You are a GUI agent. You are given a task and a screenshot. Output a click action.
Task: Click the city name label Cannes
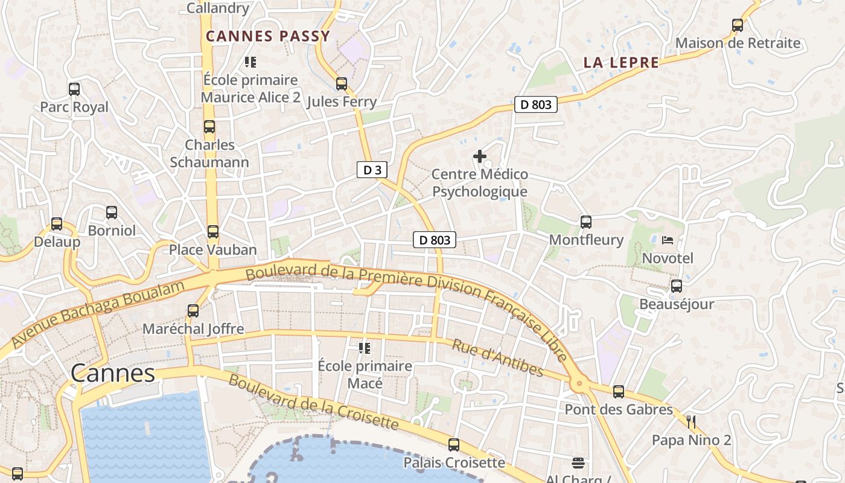pyautogui.click(x=113, y=373)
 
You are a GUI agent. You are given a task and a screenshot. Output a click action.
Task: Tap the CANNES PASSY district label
pyautogui.click(x=268, y=36)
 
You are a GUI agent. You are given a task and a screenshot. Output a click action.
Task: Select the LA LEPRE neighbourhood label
pyautogui.click(x=621, y=62)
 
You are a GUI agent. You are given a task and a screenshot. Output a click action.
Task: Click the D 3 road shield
pyautogui.click(x=372, y=170)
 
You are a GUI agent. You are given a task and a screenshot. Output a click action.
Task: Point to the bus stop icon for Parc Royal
pyautogui.click(x=74, y=89)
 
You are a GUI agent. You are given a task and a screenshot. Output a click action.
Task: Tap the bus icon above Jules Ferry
pyautogui.click(x=342, y=83)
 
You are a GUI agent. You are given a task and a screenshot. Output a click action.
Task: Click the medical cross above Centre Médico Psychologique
pyautogui.click(x=480, y=157)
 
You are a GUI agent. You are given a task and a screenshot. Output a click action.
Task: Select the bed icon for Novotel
pyautogui.click(x=667, y=240)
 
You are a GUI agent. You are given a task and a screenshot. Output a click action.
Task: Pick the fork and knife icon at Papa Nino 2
pyautogui.click(x=691, y=421)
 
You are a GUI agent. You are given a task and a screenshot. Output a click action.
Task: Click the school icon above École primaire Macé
pyautogui.click(x=365, y=348)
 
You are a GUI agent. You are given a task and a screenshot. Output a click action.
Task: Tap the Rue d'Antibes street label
pyautogui.click(x=497, y=357)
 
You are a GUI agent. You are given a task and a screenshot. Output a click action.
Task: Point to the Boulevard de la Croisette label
pyautogui.click(x=313, y=402)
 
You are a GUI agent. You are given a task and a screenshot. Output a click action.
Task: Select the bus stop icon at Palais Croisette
pyautogui.click(x=454, y=445)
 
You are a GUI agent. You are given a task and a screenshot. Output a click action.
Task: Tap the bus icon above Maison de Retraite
pyautogui.click(x=738, y=25)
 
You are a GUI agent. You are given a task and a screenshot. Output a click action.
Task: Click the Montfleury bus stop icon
pyautogui.click(x=586, y=222)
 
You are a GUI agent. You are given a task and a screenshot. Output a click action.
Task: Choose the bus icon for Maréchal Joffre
pyautogui.click(x=193, y=311)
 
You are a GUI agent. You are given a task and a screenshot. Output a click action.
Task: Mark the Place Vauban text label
pyautogui.click(x=212, y=249)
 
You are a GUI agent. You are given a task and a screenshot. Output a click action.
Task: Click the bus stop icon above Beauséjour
pyautogui.click(x=677, y=286)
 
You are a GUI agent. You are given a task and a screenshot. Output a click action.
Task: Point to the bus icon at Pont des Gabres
pyautogui.click(x=619, y=392)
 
